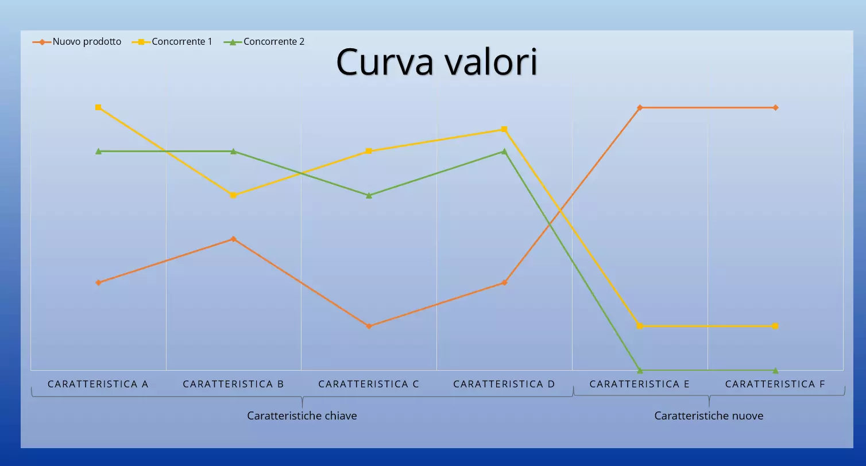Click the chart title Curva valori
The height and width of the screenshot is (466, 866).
pos(436,61)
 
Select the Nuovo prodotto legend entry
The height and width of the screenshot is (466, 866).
pos(87,42)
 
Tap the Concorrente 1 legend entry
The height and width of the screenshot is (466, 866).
pos(181,42)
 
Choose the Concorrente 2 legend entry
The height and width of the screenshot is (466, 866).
pos(273,42)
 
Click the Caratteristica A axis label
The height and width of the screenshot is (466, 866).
pos(98,384)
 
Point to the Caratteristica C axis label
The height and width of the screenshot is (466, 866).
pos(369,384)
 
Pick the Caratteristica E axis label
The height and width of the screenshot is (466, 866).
pos(640,384)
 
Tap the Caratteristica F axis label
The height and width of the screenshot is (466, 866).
pos(775,384)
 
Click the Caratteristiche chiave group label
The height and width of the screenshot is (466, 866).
pos(302,415)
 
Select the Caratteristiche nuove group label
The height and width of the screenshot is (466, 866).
pos(709,415)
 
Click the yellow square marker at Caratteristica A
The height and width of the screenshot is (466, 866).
pos(98,107)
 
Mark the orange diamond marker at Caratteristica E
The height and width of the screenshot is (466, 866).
pos(640,107)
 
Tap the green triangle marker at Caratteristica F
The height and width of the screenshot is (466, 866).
pos(775,370)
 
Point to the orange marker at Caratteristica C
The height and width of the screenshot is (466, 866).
pos(369,326)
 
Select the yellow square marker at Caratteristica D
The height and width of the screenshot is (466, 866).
pos(504,129)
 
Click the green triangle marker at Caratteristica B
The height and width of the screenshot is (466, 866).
pos(233,151)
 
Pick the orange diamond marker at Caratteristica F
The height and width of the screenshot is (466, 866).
pos(775,107)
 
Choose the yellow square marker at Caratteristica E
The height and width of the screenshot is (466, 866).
pos(640,326)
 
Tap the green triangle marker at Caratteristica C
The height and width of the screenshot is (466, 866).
pos(369,195)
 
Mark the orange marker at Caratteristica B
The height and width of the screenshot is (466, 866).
pos(233,239)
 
